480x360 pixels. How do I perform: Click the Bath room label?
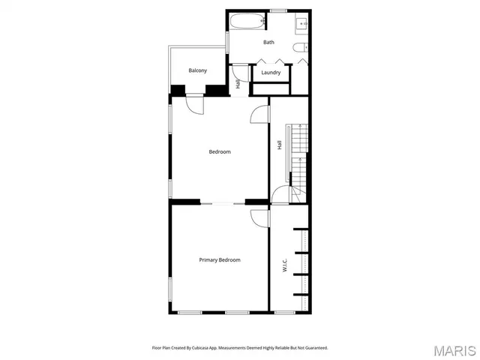[x=268, y=42]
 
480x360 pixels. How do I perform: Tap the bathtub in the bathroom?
[x=243, y=22]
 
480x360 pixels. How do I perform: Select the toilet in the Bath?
[x=300, y=49]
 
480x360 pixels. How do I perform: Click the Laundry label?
[x=271, y=73]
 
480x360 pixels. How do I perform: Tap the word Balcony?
[x=197, y=70]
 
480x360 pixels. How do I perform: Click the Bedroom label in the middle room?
[x=219, y=151]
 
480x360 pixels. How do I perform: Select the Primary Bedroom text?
[x=219, y=259]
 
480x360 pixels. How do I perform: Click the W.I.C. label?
[x=285, y=265]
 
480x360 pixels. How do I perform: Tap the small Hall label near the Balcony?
[x=238, y=85]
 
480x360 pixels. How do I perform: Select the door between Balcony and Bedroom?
[x=194, y=104]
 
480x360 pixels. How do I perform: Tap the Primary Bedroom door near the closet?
[x=260, y=217]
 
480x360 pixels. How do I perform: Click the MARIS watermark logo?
[x=454, y=350]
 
